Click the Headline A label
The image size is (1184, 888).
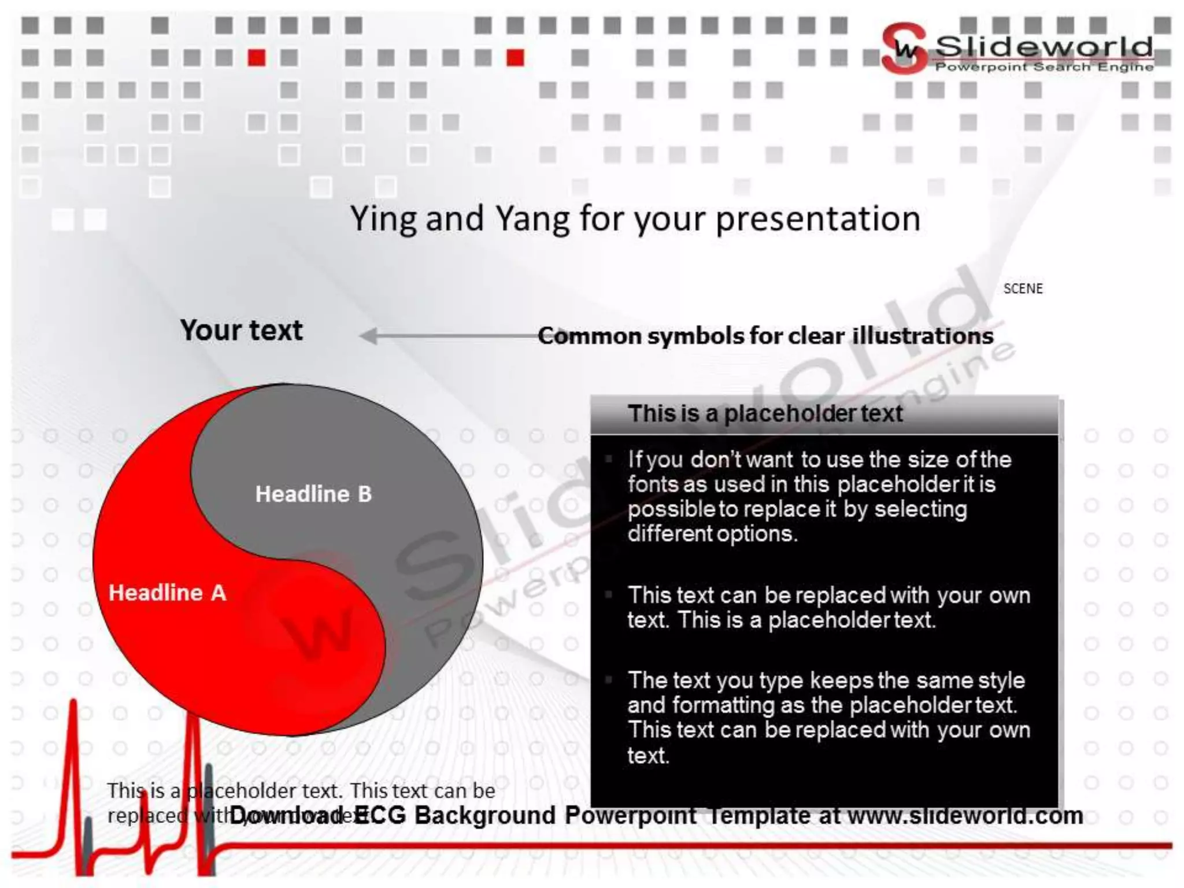click(x=167, y=593)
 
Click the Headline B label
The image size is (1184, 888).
click(x=313, y=494)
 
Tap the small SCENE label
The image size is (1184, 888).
click(x=1023, y=288)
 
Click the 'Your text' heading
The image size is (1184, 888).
click(x=241, y=330)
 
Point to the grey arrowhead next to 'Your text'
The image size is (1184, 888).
click(x=368, y=336)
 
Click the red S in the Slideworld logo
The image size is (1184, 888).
click(x=903, y=49)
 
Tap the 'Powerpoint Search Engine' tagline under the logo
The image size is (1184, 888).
click(x=1044, y=67)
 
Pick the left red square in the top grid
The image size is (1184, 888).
click(x=257, y=58)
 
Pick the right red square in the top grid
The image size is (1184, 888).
click(x=515, y=58)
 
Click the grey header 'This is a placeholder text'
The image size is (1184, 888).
click(x=765, y=413)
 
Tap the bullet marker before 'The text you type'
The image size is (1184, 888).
click(x=608, y=680)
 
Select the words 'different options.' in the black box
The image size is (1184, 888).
click(x=712, y=534)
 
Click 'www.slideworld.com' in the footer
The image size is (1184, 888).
click(x=965, y=816)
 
